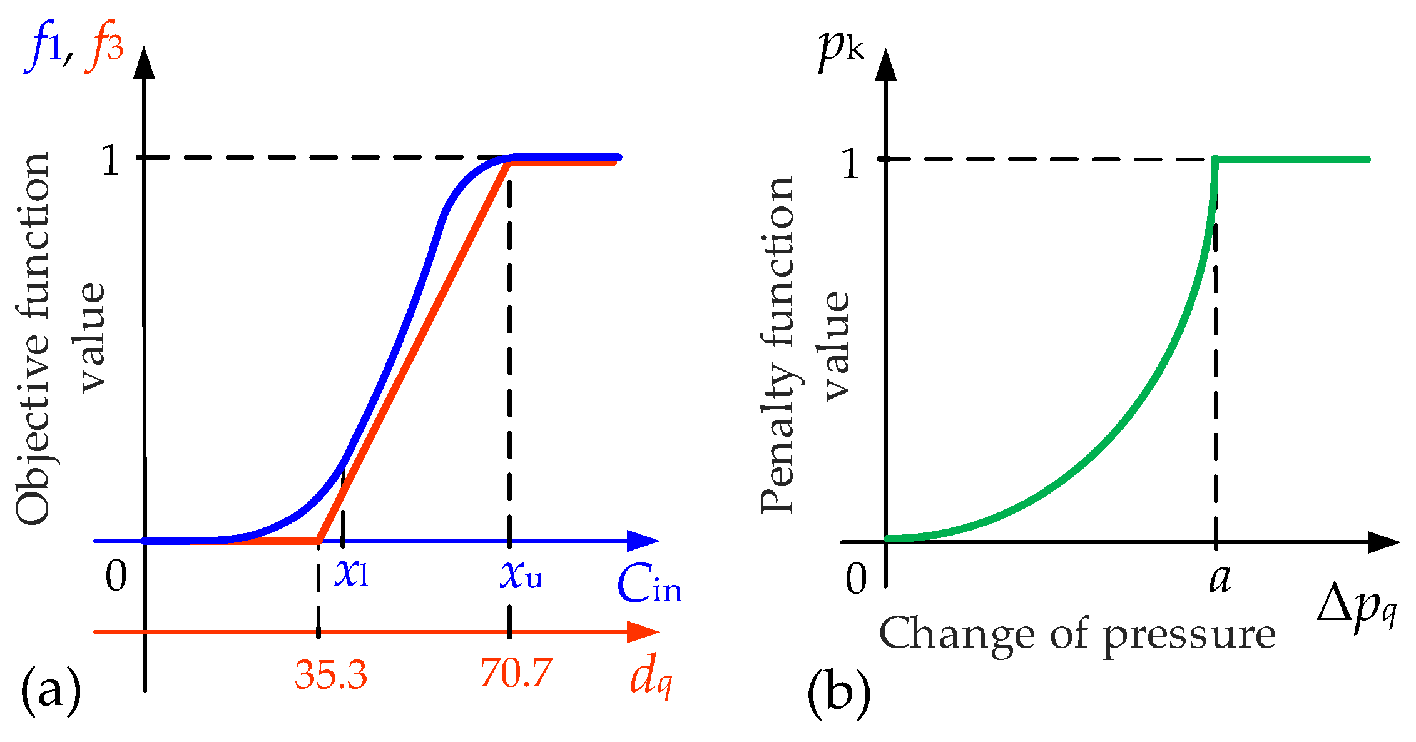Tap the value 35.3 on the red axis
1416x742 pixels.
(x=331, y=674)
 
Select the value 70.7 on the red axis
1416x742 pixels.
(x=516, y=673)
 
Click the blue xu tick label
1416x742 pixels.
(x=521, y=574)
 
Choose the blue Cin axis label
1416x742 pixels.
(x=649, y=586)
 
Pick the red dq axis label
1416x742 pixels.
(x=651, y=678)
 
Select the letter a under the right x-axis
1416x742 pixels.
(x=1220, y=579)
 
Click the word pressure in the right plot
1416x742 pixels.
(x=1189, y=636)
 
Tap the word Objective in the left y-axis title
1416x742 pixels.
(x=33, y=438)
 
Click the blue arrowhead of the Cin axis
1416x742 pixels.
(x=643, y=541)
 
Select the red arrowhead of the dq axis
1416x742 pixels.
(x=643, y=632)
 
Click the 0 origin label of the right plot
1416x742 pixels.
(x=856, y=578)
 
